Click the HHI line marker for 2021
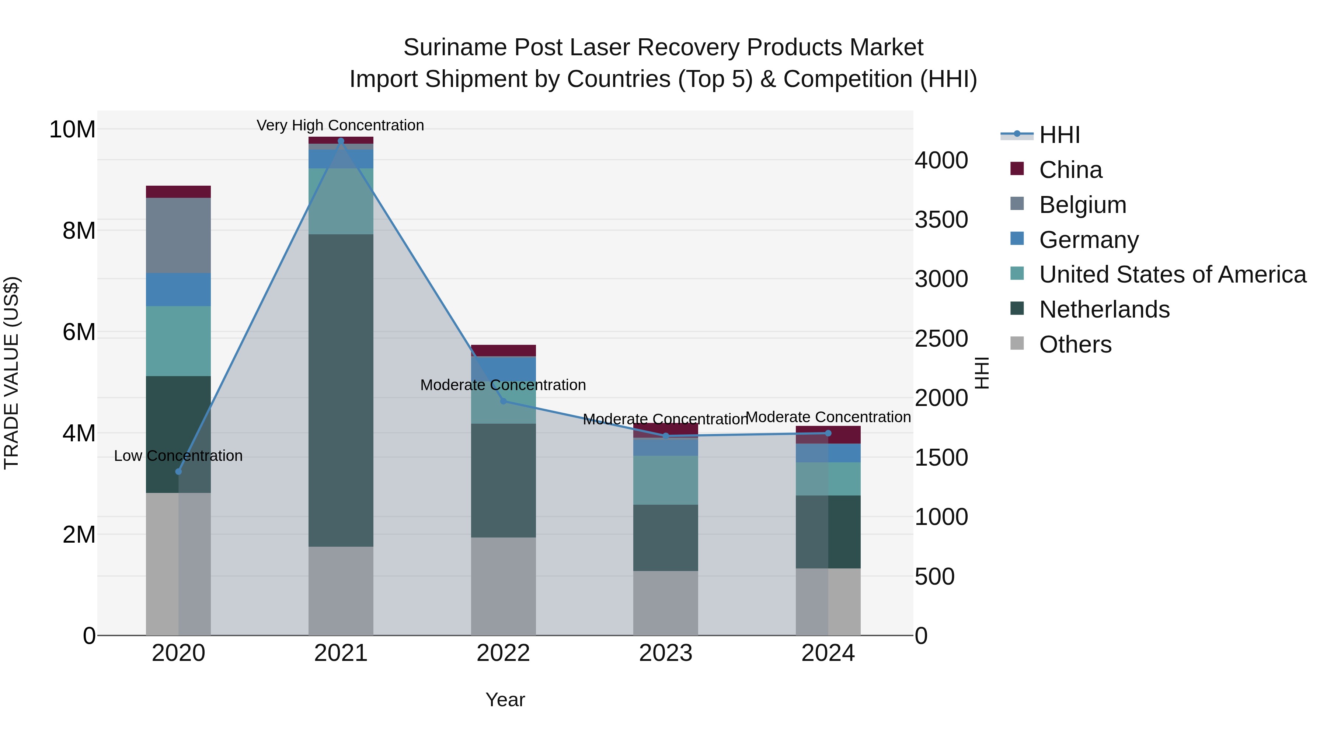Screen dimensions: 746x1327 (341, 141)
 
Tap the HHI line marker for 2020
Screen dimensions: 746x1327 (179, 472)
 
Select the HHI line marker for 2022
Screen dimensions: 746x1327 (503, 401)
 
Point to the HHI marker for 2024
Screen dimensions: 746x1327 (828, 433)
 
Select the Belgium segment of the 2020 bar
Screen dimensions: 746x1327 (178, 235)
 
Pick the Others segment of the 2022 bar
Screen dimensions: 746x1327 (503, 586)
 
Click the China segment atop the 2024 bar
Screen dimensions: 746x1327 (828, 435)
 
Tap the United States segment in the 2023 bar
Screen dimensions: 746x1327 (666, 480)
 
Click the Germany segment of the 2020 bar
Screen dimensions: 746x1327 (178, 289)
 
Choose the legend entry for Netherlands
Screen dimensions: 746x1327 (1104, 309)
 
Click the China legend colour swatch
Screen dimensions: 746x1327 (1017, 169)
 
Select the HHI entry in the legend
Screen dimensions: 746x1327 (1059, 135)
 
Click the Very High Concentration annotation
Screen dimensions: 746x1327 (341, 125)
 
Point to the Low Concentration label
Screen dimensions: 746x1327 (178, 456)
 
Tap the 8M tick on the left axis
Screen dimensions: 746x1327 (79, 230)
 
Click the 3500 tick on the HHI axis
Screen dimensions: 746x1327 (941, 220)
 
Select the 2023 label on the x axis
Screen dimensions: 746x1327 (666, 653)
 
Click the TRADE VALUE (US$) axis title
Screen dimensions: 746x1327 (11, 373)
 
